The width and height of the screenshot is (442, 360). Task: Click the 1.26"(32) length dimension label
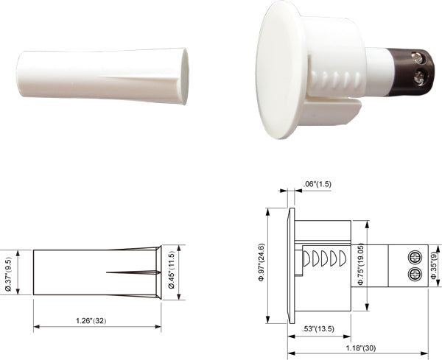(x=91, y=320)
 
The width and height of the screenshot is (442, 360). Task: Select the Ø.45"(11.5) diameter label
(x=171, y=270)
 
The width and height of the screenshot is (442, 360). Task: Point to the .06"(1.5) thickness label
(x=317, y=184)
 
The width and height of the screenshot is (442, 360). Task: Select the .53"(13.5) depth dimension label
(x=318, y=329)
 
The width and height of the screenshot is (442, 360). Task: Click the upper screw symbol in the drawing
(x=415, y=257)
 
